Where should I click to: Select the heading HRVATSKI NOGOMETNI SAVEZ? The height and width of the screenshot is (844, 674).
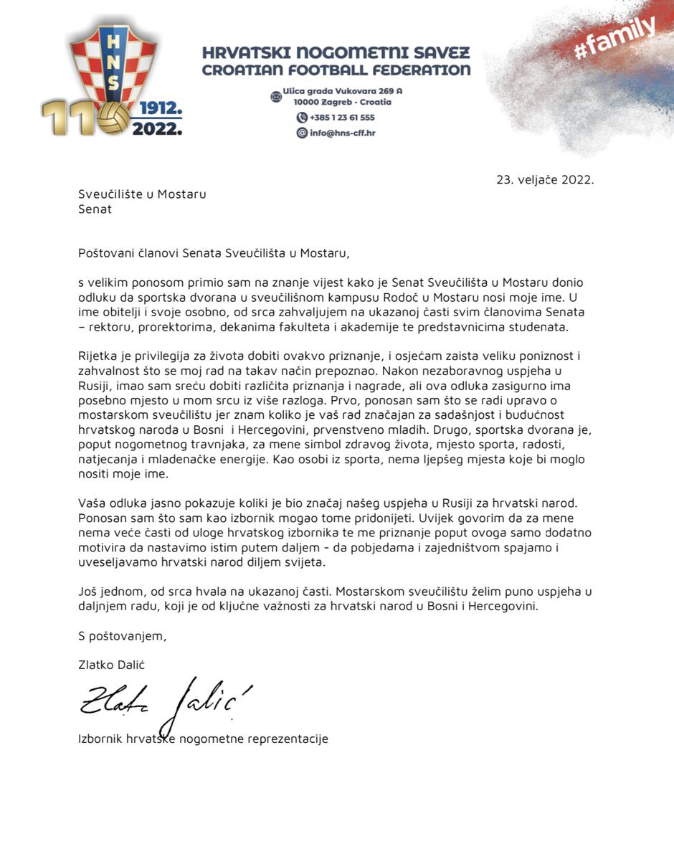click(x=336, y=53)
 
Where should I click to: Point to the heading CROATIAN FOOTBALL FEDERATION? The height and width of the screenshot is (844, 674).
click(x=336, y=70)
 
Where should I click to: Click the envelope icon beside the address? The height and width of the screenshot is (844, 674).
click(x=275, y=96)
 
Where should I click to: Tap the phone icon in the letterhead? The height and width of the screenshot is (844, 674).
click(x=302, y=118)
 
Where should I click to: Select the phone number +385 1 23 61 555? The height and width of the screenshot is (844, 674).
click(x=342, y=118)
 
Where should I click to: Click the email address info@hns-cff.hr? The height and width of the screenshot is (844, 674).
click(x=341, y=133)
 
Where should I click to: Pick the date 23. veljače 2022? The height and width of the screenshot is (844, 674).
click(x=545, y=180)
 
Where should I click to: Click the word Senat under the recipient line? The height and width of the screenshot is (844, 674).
click(x=95, y=209)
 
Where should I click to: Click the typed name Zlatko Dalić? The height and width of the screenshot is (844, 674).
click(x=111, y=665)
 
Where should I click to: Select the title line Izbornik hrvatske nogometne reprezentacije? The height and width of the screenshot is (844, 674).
click(x=203, y=738)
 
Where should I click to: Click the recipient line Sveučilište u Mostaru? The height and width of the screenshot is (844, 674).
click(x=142, y=194)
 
